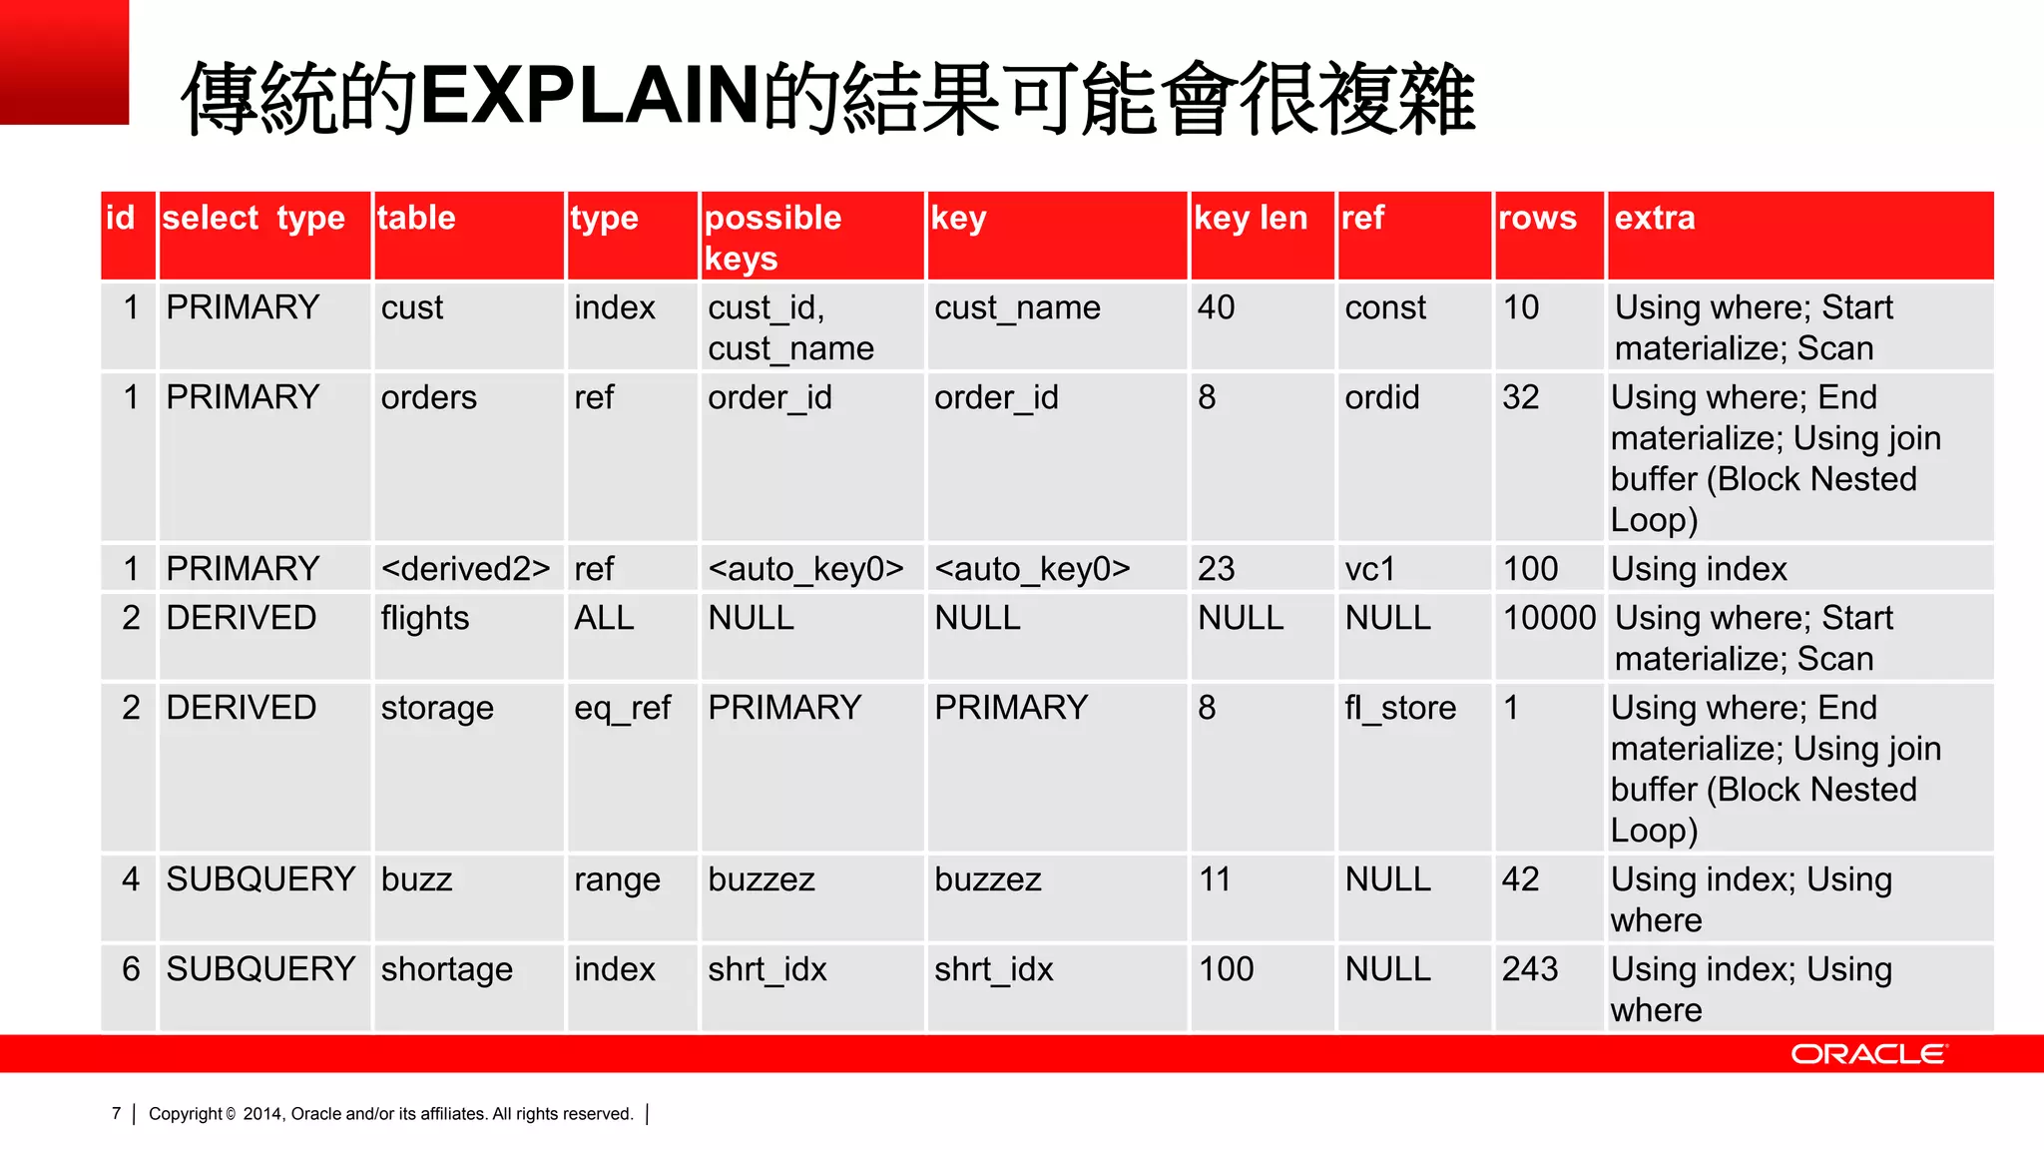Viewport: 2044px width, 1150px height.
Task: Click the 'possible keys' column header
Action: (772, 238)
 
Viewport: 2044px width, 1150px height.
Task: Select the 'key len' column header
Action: (1251, 218)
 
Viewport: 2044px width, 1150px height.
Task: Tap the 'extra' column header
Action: (1655, 218)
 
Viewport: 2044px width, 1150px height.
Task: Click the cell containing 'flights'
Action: (425, 618)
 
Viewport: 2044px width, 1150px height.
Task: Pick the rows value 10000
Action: (1549, 618)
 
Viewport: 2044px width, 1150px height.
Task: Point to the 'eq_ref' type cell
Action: (622, 708)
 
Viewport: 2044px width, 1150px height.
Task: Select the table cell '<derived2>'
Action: (465, 569)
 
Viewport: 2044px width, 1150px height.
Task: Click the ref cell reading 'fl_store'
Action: (1399, 708)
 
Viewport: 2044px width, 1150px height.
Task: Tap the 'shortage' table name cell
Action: (446, 969)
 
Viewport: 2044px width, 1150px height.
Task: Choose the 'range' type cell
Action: (617, 879)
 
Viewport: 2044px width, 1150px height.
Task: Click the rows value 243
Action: (1529, 969)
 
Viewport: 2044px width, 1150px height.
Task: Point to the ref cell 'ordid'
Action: (1381, 397)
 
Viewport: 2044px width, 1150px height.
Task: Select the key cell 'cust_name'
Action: (1017, 307)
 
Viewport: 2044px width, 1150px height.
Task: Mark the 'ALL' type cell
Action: (604, 618)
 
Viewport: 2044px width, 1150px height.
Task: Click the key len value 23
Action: (1216, 569)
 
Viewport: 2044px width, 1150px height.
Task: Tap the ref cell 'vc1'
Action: (1369, 569)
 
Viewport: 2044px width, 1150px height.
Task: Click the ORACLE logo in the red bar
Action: (1867, 1054)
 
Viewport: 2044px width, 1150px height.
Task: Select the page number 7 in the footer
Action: (117, 1114)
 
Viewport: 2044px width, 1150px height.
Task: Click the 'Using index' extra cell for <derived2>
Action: (1699, 569)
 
